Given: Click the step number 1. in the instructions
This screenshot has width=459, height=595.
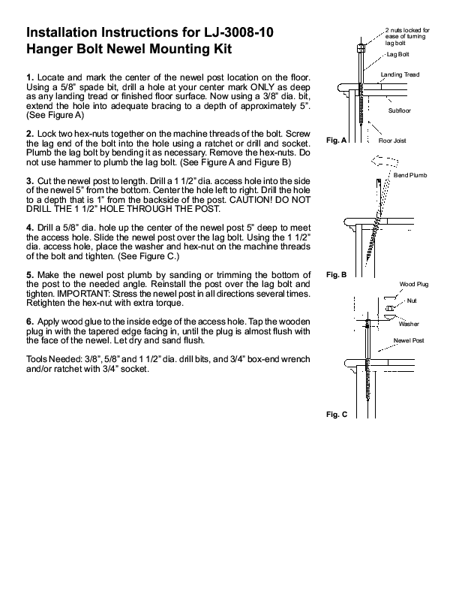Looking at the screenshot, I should tap(30, 77).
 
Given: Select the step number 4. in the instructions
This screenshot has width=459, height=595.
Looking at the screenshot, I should tap(30, 227).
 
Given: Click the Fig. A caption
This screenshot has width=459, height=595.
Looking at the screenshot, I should tap(337, 140).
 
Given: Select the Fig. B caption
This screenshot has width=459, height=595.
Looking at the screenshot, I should tap(337, 275).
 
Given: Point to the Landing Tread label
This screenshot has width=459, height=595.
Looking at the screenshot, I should tap(400, 75).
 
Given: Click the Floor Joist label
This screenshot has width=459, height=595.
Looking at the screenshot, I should tap(392, 140).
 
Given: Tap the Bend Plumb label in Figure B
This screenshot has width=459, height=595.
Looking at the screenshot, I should tap(409, 174).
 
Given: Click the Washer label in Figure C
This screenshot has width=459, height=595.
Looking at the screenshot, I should tap(409, 324).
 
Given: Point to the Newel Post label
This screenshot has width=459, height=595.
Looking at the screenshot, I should tap(409, 340).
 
